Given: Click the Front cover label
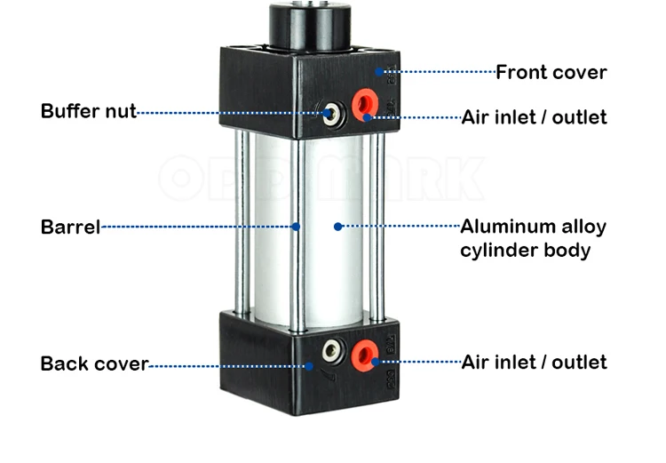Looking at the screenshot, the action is pos(551,72).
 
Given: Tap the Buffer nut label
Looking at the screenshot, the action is pos(88,111).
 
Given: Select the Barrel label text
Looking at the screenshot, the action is pos(70,227).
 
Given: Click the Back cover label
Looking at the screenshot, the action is pos(94,364).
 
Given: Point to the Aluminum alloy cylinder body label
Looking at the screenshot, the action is pos(534,238).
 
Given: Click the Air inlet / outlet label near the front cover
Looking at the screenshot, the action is pos(535,117).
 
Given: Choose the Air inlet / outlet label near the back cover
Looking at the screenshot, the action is pos(535,363).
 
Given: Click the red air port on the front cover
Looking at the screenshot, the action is pos(365,103).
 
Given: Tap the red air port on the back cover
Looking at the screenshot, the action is pos(364,355).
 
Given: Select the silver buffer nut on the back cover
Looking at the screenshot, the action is pos(332,351).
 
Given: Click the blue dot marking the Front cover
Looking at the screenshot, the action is pos(379,72).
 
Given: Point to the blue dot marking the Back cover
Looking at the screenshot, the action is pos(309,366).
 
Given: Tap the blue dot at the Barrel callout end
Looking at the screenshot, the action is pos(296,227).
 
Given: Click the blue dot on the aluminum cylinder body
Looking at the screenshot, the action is pos(338,227).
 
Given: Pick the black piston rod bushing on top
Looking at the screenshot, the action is pos(310,26).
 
